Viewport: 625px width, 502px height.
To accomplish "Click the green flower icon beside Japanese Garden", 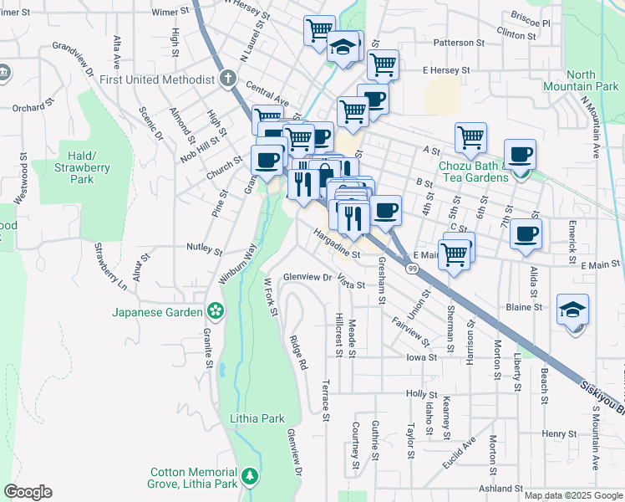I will point(216,311).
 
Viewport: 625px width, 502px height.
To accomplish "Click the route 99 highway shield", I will point(413,268).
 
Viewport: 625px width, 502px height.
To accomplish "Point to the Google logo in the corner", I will point(28,492).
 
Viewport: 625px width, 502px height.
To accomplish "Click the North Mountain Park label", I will point(592,80).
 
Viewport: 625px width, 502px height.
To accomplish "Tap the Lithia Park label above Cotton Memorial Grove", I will point(257,418).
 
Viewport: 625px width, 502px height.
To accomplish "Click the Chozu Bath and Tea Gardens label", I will point(473,172).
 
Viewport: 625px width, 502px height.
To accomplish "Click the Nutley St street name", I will point(204,250).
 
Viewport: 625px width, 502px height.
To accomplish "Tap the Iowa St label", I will point(421,357).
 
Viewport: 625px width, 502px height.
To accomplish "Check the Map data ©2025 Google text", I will point(573,495).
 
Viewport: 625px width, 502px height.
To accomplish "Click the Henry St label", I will point(554,433).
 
